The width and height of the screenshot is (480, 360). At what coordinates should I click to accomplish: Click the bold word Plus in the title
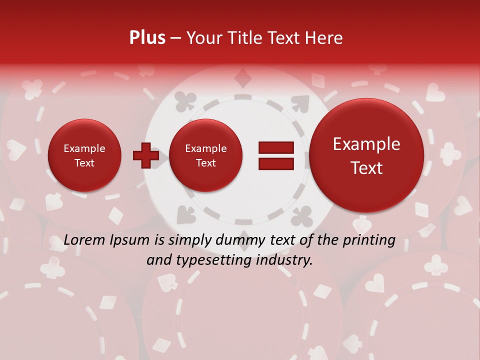(x=147, y=37)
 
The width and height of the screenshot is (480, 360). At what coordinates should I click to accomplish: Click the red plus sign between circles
(x=145, y=155)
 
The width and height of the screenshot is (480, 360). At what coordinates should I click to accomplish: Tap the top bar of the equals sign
(x=275, y=147)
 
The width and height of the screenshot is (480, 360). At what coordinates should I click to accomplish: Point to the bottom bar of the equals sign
(x=275, y=164)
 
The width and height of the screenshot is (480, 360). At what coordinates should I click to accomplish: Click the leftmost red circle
(x=84, y=155)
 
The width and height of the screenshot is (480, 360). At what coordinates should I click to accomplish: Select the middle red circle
(x=205, y=155)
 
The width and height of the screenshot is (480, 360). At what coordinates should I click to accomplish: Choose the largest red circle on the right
(x=366, y=155)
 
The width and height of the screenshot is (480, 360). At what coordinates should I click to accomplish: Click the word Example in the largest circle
(x=366, y=144)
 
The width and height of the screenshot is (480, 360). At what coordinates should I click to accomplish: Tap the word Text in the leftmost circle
(x=84, y=163)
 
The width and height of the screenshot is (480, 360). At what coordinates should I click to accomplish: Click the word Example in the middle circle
(x=205, y=148)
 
